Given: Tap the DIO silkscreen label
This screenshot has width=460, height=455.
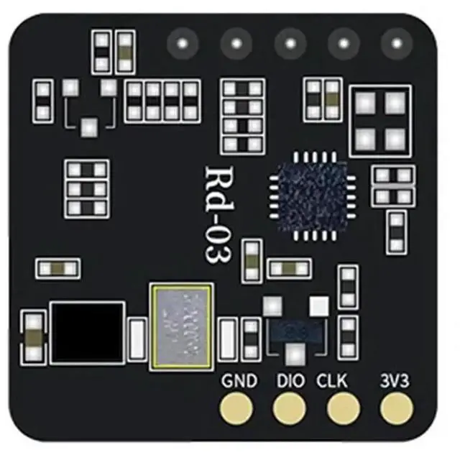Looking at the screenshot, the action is coord(290,381).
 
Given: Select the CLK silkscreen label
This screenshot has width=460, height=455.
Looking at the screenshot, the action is coord(332,381).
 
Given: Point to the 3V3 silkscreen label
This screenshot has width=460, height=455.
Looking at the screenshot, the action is coord(395,381).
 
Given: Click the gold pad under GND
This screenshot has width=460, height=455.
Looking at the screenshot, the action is coord(237,410).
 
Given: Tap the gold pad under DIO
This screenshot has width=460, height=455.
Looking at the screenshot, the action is coord(289,410).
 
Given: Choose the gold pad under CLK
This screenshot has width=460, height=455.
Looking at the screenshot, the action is coord(342,410).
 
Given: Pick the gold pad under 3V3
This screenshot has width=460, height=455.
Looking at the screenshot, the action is coord(395,410).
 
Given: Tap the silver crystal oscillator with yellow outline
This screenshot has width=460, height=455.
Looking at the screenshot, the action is coord(182,326).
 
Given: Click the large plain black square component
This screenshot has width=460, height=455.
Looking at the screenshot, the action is coord(87,331).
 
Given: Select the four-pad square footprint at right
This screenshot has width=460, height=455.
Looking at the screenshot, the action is coord(380,121).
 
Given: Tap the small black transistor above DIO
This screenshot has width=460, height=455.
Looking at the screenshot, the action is coord(293,331).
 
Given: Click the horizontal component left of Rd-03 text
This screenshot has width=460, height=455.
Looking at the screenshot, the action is coord(57,269).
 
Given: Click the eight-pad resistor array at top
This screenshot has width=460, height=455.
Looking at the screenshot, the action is coord(162,101).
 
